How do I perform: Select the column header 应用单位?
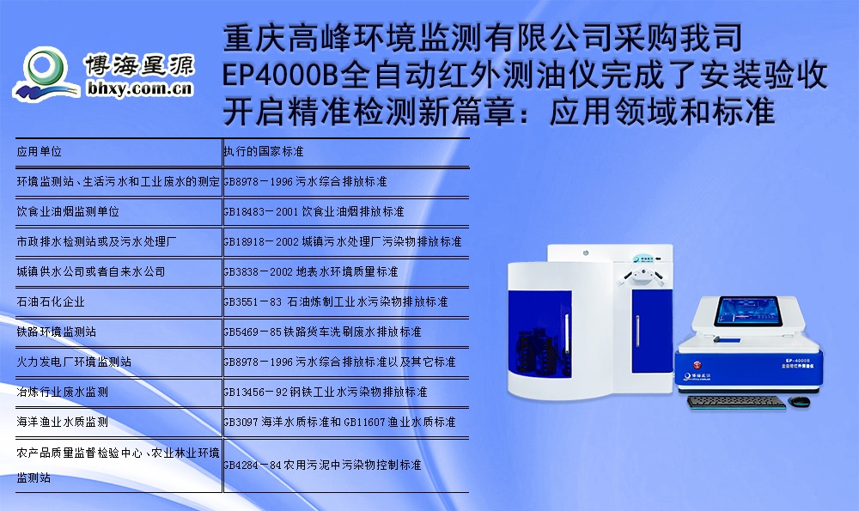[40, 151]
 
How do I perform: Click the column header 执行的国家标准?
[264, 151]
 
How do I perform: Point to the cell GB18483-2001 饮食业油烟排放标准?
[314, 211]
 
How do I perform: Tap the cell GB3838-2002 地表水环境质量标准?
[310, 271]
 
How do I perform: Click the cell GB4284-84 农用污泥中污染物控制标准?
[322, 465]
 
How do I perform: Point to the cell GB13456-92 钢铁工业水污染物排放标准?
[326, 392]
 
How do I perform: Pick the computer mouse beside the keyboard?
[801, 401]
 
